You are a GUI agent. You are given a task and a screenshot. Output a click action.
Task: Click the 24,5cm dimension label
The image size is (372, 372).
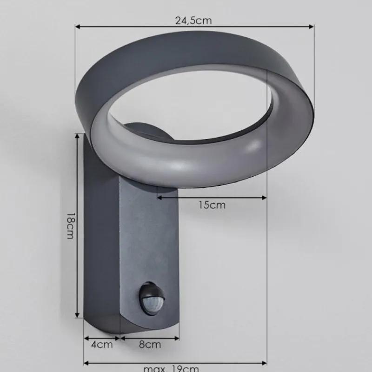coord(193,20)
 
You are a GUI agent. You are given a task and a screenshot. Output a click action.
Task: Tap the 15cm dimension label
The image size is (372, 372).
coord(212,205)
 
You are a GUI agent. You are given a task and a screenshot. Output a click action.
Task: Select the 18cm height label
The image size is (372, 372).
coord(70,226)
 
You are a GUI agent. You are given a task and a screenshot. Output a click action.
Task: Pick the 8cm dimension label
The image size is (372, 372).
coord(150,345)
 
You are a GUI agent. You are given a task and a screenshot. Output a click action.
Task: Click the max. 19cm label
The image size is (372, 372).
coord(171,369)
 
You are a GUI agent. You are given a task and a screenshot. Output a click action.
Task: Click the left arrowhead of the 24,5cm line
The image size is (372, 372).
coord(77,27)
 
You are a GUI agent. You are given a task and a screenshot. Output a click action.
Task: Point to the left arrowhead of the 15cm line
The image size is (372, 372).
coord(159,198)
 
